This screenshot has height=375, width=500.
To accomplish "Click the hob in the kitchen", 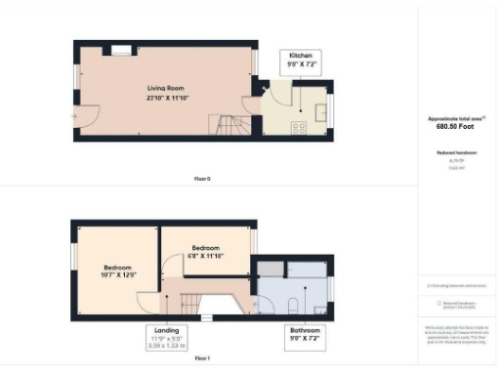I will coord(299,126).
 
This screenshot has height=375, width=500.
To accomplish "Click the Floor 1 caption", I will coord(201,358).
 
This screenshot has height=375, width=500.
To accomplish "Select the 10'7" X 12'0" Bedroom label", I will coord(119,271).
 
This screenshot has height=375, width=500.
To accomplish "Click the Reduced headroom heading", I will coord(457,153).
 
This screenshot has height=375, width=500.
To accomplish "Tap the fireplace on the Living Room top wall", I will coord(122,50).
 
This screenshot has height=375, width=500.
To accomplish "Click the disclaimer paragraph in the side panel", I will coord(457,335).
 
